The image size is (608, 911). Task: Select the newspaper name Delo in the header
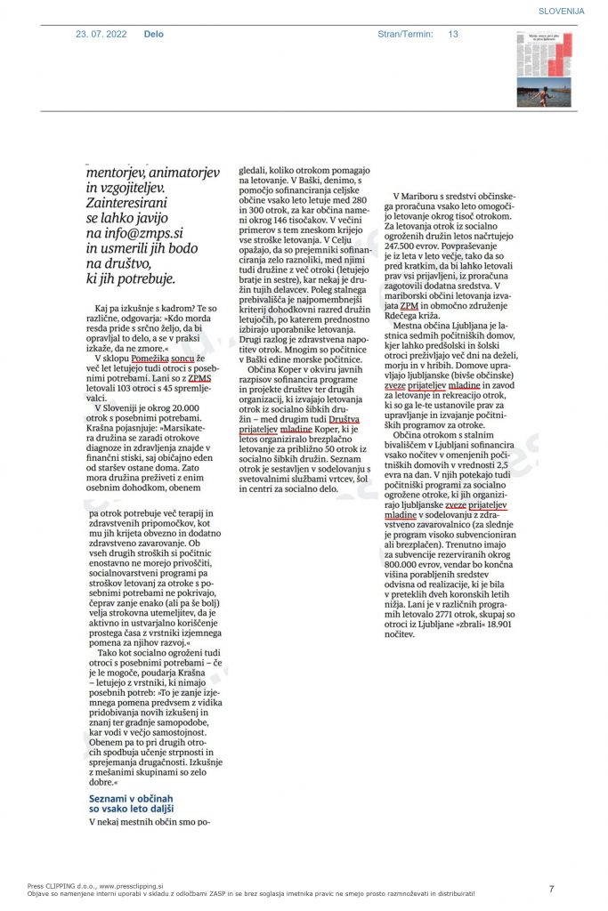pyautogui.click(x=153, y=34)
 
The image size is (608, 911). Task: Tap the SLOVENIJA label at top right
pyautogui.click(x=561, y=11)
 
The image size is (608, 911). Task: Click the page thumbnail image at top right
pyautogui.click(x=544, y=69)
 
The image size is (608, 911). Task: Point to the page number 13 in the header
pyautogui.click(x=453, y=34)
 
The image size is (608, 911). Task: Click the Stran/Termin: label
pyautogui.click(x=405, y=34)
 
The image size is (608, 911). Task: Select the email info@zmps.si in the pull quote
pyautogui.click(x=141, y=233)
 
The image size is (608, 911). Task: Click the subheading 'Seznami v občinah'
pyautogui.click(x=126, y=799)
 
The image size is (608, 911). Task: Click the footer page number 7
pyautogui.click(x=551, y=889)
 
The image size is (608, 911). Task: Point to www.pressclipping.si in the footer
pyautogui.click(x=134, y=886)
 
